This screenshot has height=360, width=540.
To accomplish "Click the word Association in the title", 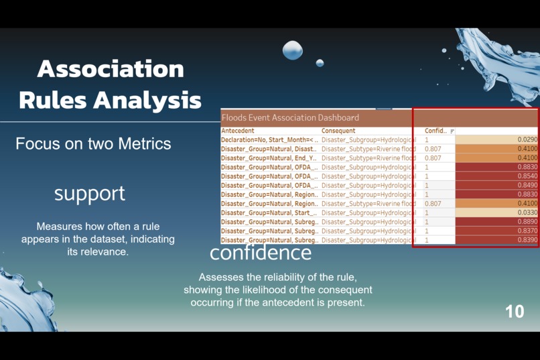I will tap(111, 68).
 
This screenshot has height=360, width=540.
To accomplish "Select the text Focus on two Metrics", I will tap(93, 143).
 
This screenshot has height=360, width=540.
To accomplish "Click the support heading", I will tap(90, 193).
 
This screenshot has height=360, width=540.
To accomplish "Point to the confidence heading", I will tap(261, 252).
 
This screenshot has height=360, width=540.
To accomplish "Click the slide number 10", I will tap(515, 311).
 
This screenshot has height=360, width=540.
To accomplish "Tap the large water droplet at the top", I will tap(293, 50).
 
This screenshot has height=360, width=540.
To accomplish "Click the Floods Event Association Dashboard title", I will tap(290, 117).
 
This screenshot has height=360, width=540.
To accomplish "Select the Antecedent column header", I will tap(238, 131).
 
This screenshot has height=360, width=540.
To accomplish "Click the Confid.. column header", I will tap(435, 131).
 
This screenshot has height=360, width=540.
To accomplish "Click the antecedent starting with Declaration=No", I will tap(269, 140).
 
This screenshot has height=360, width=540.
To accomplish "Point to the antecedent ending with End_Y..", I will tap(269, 158).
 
